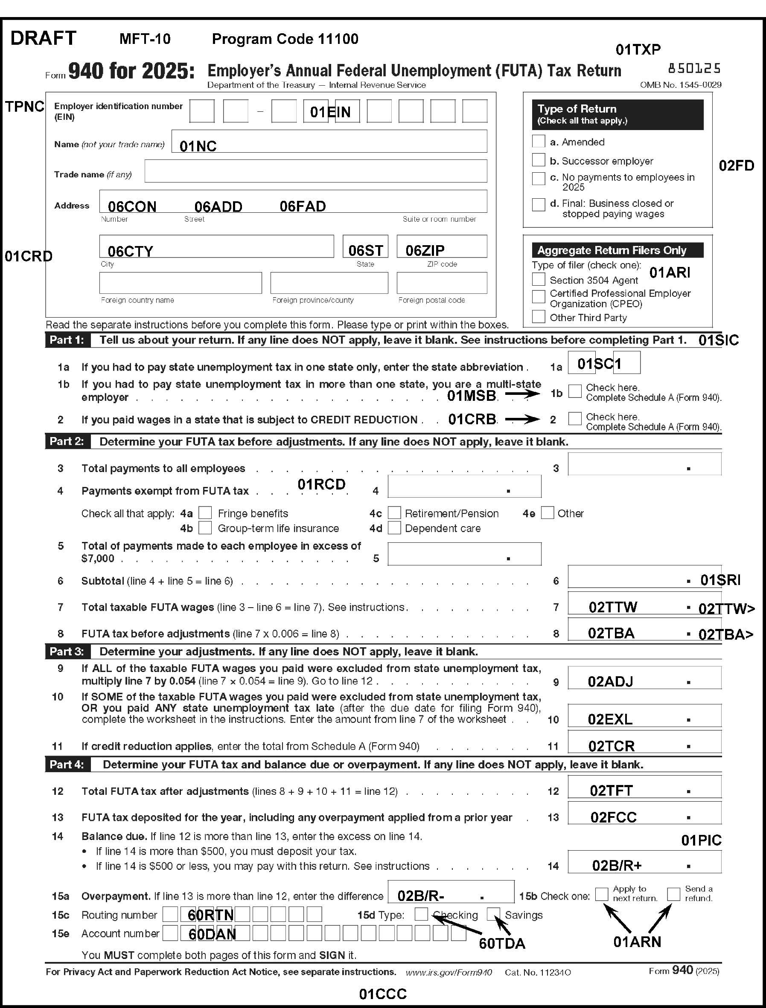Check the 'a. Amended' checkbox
point(539,141)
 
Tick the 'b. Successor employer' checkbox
point(539,160)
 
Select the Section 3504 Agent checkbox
point(539,279)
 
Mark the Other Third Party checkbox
point(539,317)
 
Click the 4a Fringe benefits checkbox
point(205,513)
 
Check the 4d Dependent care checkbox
point(394,528)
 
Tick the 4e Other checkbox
point(547,513)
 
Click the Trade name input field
point(315,171)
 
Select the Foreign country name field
point(181,283)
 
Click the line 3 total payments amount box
point(644,464)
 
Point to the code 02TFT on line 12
point(611,791)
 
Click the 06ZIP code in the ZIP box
point(425,250)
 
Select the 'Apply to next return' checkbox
point(602,894)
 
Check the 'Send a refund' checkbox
point(673,894)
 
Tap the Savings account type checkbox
point(493,914)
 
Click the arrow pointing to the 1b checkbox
point(522,394)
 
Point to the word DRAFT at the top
point(44,38)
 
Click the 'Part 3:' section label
point(67,652)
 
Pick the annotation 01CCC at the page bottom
point(382,994)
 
